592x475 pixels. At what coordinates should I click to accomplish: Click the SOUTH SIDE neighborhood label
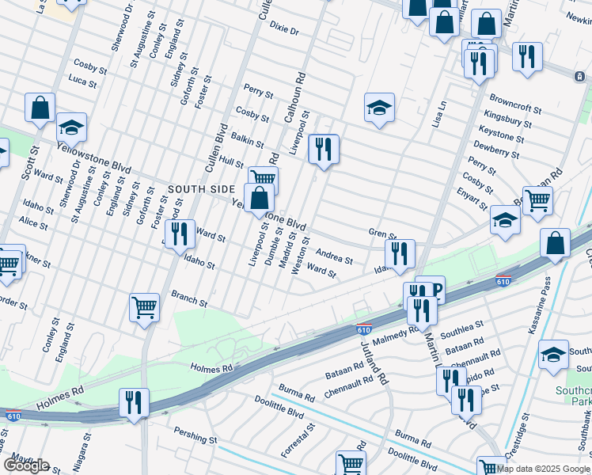pyautogui.click(x=201, y=189)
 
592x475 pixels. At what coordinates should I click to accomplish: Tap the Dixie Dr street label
pyautogui.click(x=283, y=30)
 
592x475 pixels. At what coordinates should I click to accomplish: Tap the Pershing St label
pyautogui.click(x=196, y=438)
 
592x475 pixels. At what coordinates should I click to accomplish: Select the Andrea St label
pyautogui.click(x=334, y=256)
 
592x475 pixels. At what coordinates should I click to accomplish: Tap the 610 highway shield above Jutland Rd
pyautogui.click(x=364, y=329)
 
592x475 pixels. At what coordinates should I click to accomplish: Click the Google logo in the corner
pyautogui.click(x=25, y=465)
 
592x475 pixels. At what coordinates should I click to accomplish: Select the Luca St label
pyautogui.click(x=82, y=82)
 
